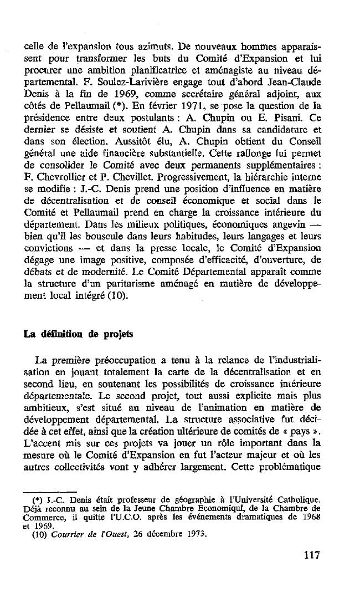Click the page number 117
coord(312,555)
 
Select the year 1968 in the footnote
coord(311,517)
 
